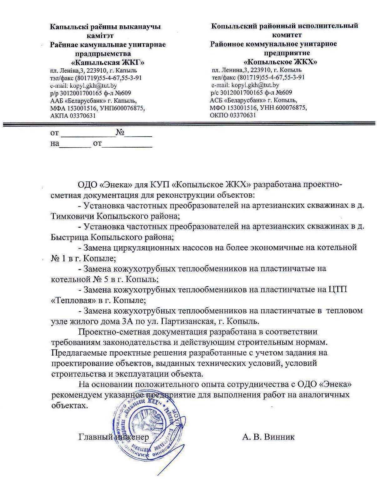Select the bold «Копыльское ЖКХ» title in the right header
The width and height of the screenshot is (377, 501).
click(280, 62)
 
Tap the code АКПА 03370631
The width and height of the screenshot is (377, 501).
click(73, 116)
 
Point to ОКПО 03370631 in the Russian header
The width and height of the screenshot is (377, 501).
click(233, 115)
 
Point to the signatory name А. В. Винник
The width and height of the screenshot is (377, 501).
click(268, 437)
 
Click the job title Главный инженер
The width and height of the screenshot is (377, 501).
click(114, 437)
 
